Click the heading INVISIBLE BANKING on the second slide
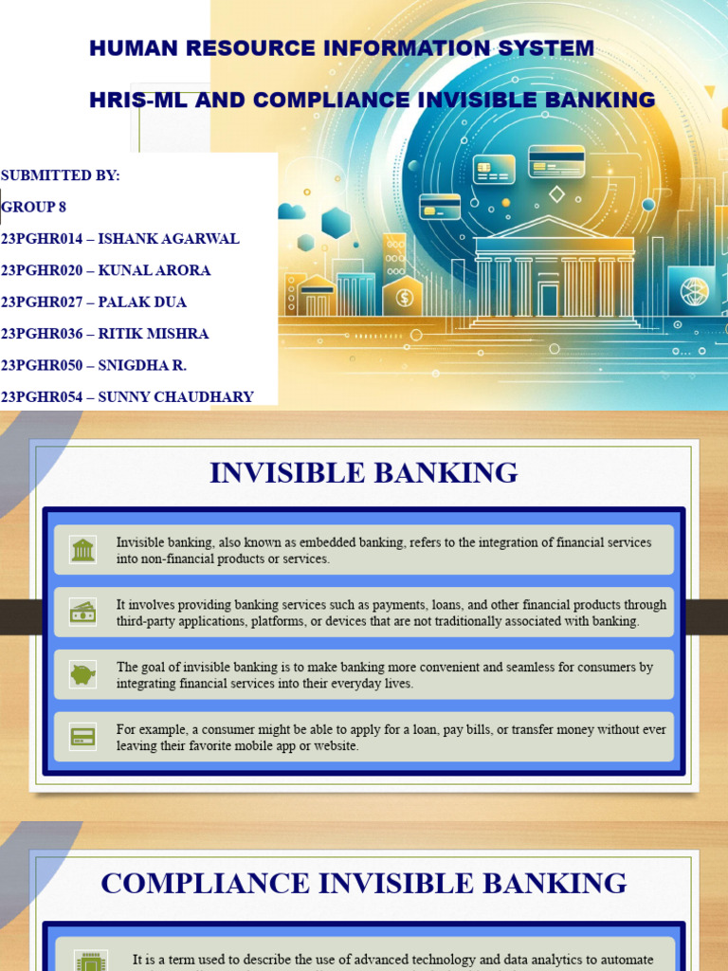pyautogui.click(x=364, y=472)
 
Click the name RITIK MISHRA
pyautogui.click(x=154, y=334)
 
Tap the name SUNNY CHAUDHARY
pyautogui.click(x=175, y=396)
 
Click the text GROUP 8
pyautogui.click(x=34, y=207)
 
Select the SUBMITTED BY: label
pyautogui.click(x=61, y=175)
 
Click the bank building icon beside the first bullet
pyautogui.click(x=83, y=550)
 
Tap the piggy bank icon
pyautogui.click(x=83, y=674)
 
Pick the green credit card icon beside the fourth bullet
pyautogui.click(x=83, y=737)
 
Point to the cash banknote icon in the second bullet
pyautogui.click(x=83, y=613)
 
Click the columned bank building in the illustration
pyautogui.click(x=555, y=275)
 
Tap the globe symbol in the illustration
pyautogui.click(x=694, y=290)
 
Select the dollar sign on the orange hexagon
pyautogui.click(x=405, y=297)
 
